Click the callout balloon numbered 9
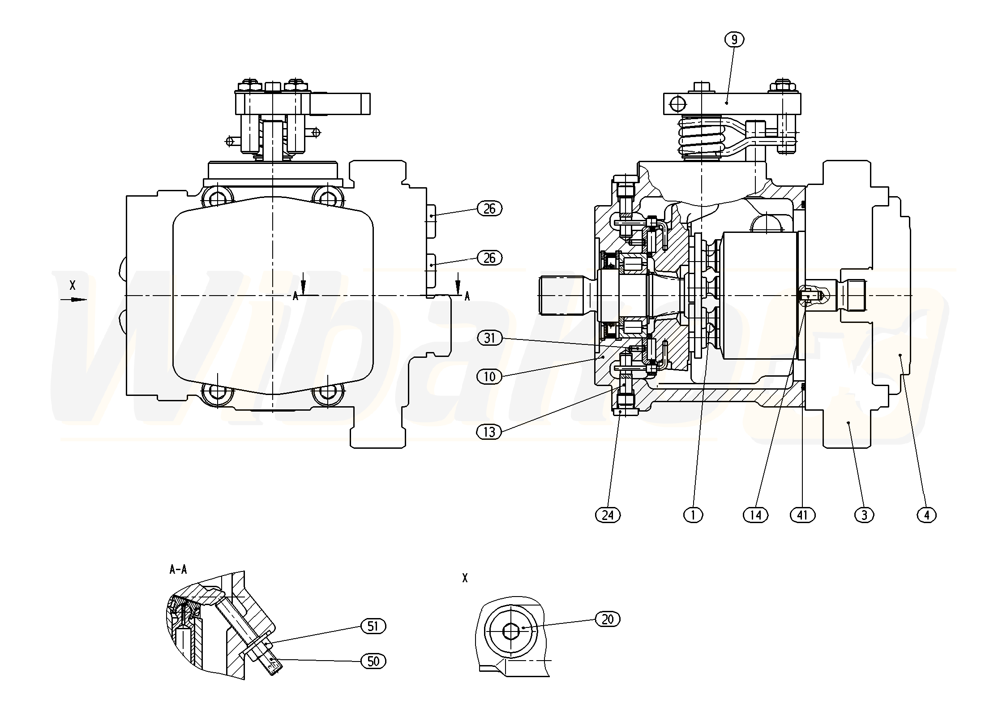pos(734,40)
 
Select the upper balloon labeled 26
pos(489,209)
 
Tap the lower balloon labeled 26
pos(489,258)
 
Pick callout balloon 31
pos(489,338)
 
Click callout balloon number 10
pos(489,377)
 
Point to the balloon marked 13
pos(489,432)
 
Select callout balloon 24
pos(608,515)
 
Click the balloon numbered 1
pos(693,515)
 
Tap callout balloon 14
pos(755,515)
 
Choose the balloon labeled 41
pos(802,515)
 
